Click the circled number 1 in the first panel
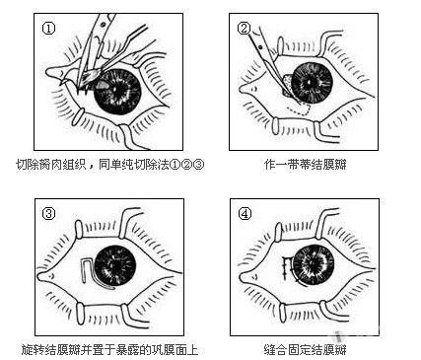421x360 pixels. tap(48, 29)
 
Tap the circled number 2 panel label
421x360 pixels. tap(244, 28)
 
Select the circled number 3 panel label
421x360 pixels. tap(49, 214)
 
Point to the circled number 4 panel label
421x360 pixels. tap(245, 214)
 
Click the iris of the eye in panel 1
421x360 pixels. tap(117, 92)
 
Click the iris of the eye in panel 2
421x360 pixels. tap(312, 83)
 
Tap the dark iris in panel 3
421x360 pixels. tap(115, 265)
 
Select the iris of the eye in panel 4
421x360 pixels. tap(314, 264)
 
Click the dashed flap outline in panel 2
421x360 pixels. tap(299, 110)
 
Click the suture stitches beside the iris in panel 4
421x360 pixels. tap(287, 268)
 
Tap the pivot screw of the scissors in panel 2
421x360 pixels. tap(261, 47)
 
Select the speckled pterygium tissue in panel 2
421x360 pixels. tap(288, 86)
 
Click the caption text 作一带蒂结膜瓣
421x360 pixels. tap(306, 164)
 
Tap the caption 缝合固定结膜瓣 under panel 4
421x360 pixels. tap(306, 349)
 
